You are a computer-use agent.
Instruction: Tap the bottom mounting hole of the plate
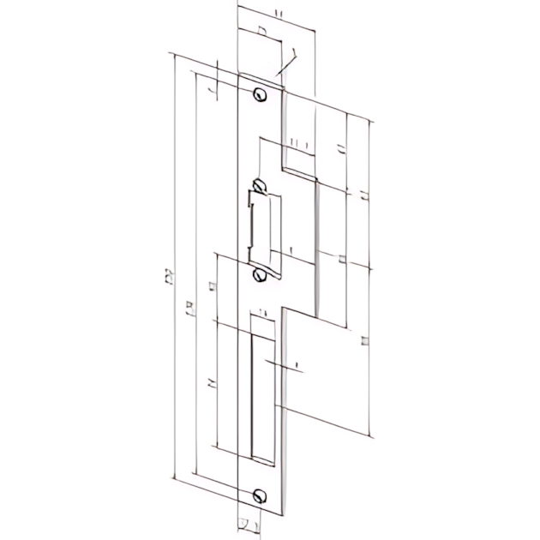coord(259,495)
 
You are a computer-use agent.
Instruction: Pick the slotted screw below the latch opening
coord(259,274)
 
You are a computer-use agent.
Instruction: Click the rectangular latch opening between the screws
coord(262,227)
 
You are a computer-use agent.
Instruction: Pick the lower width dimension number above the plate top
coord(261,32)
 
